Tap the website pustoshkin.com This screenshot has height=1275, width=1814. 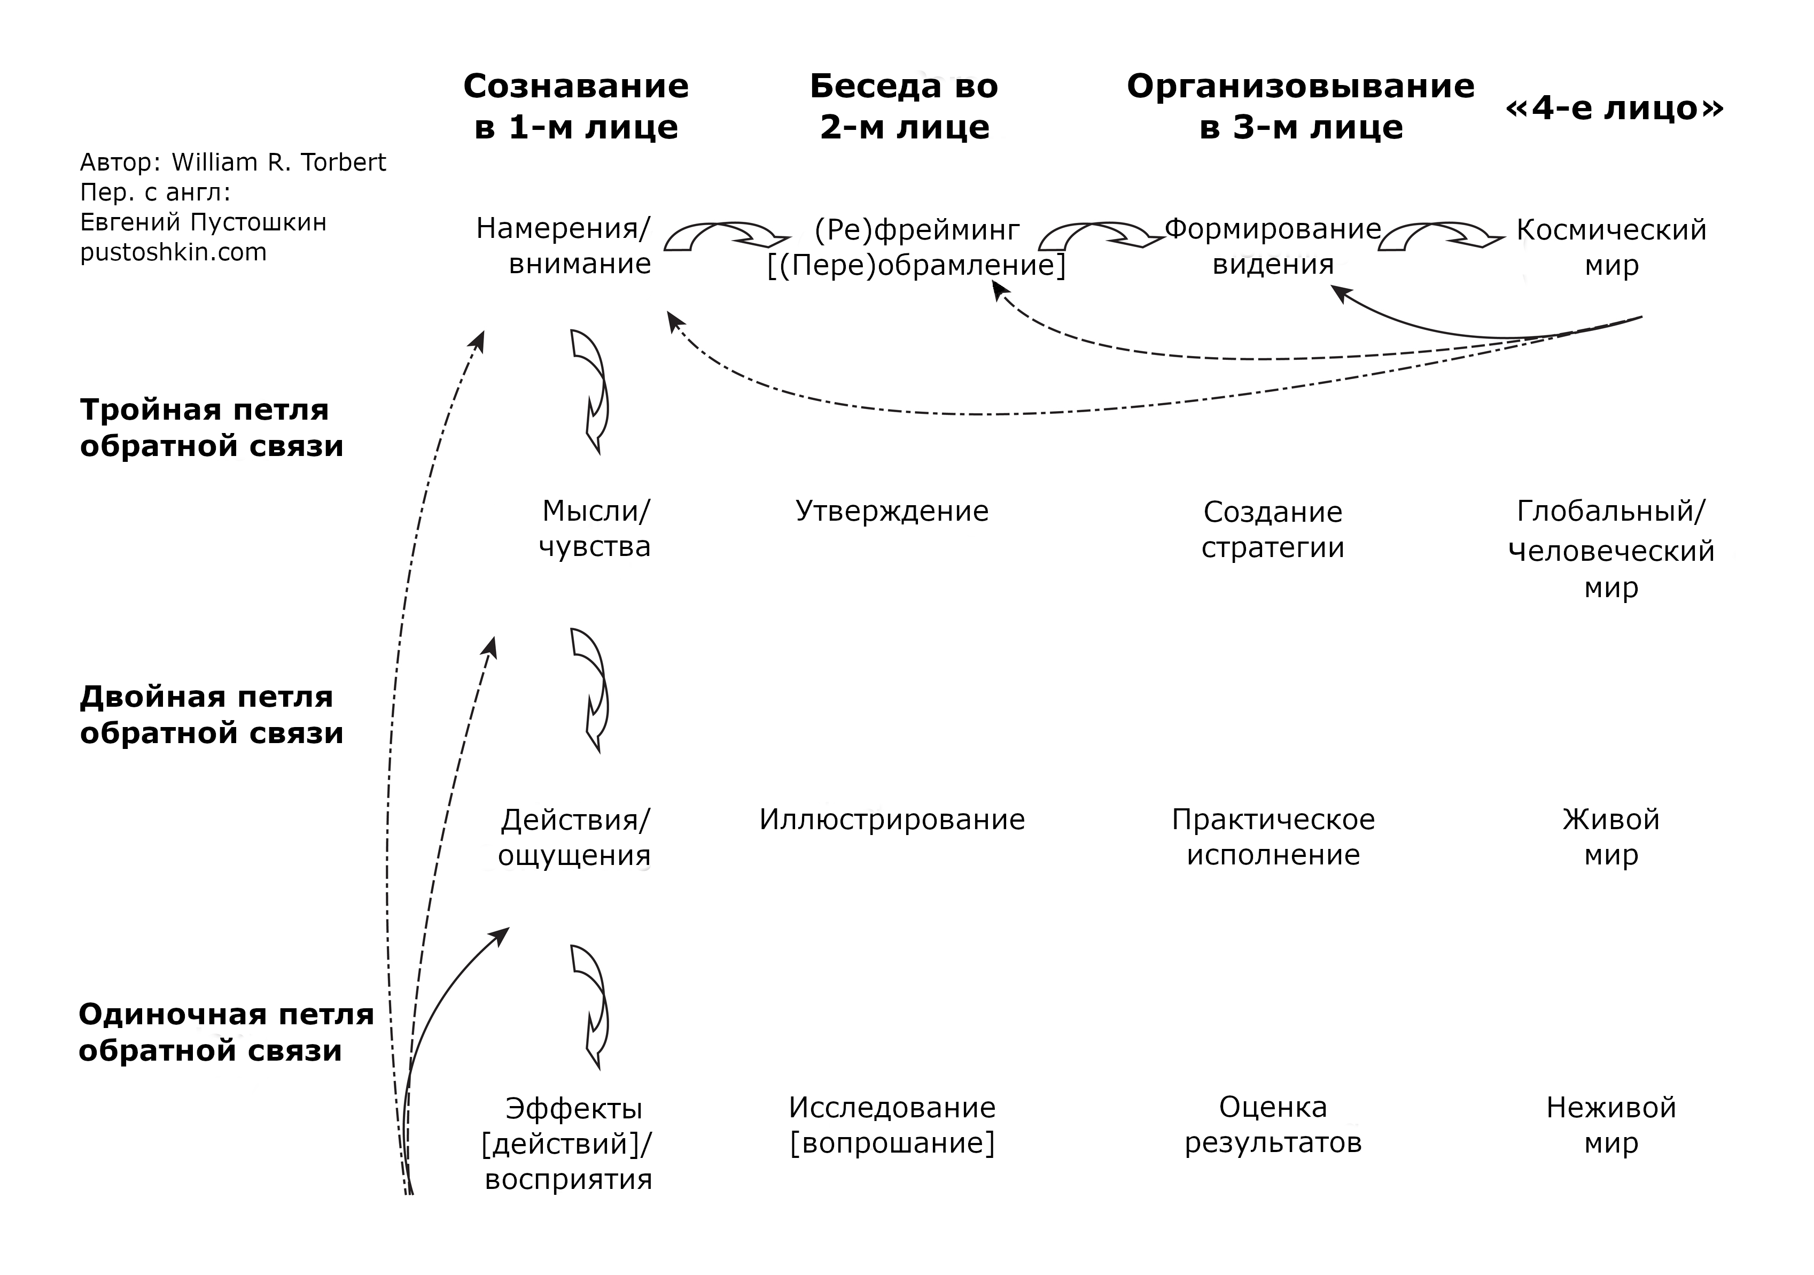(x=173, y=252)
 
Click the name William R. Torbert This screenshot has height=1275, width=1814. (x=278, y=162)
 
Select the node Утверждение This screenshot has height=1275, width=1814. (x=892, y=512)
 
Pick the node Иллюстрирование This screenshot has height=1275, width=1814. (x=892, y=820)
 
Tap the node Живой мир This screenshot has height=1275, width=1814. (x=1611, y=837)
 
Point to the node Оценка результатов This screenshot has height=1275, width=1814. (x=1273, y=1125)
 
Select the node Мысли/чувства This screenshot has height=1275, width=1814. (x=594, y=528)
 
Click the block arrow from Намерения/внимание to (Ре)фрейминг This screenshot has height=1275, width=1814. (x=725, y=236)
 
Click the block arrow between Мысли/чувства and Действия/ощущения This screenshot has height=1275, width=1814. (x=592, y=689)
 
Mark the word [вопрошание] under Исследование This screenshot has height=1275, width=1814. (x=892, y=1143)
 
